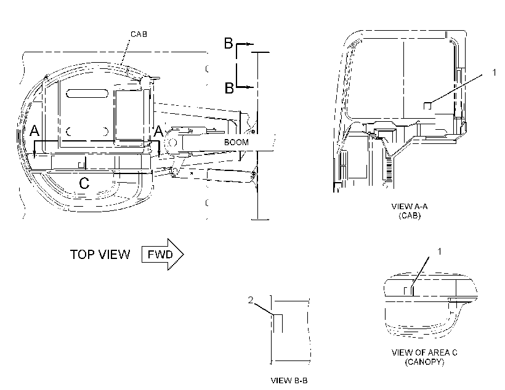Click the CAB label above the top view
coord(139,34)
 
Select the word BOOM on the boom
coord(236,142)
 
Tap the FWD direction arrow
coord(163,254)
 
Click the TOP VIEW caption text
coord(100,255)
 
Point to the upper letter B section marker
coord(228,44)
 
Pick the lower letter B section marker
coord(229,88)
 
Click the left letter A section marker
coord(34,131)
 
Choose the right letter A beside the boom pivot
coord(158,131)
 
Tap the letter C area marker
coord(84,183)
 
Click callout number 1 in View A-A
coord(495,73)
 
